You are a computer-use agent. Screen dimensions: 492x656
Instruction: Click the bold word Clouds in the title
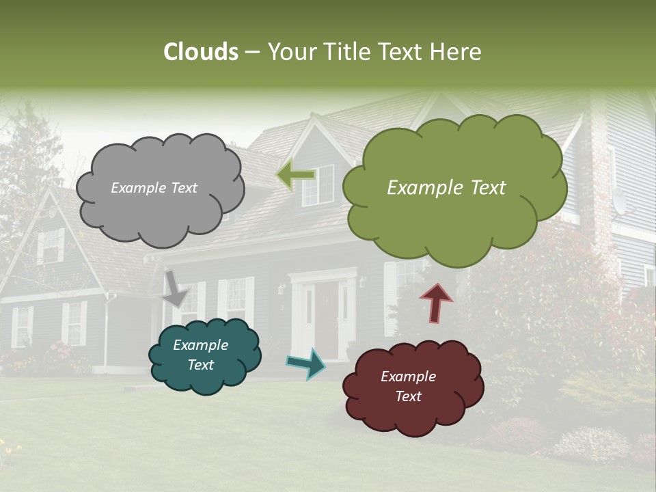tap(201, 52)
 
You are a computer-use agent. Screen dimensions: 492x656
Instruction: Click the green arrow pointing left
tap(295, 175)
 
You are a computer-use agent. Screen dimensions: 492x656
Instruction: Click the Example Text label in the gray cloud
tap(154, 188)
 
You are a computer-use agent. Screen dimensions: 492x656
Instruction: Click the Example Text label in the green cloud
tap(446, 188)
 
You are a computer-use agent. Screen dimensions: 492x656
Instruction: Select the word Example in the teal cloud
tap(200, 345)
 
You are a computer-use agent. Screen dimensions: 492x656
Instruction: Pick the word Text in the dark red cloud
tap(408, 396)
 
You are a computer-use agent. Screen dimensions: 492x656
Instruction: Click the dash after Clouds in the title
tap(251, 53)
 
